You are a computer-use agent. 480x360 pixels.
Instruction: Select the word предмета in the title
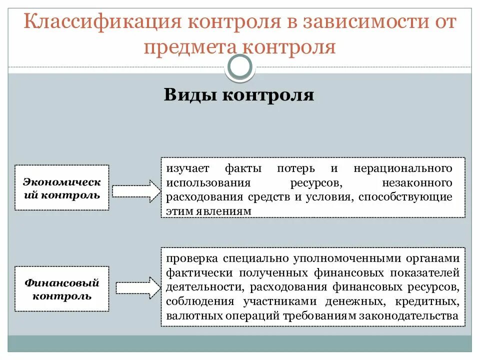[x=190, y=47]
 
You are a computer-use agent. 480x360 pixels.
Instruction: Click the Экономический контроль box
[x=62, y=187]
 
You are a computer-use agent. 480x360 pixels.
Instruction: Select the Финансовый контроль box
[x=62, y=288]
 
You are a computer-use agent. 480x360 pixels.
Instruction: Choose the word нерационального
[x=403, y=168]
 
